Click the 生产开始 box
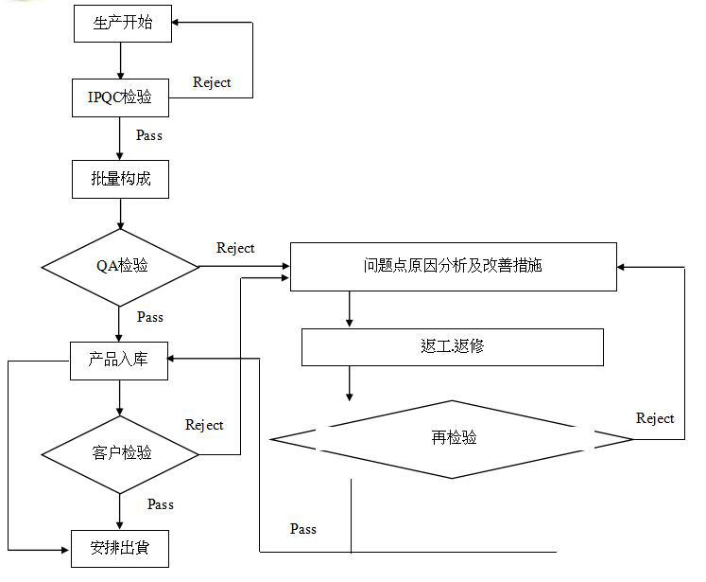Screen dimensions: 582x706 [x=122, y=24]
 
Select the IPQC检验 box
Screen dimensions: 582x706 [x=121, y=97]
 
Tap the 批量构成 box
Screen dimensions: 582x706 [x=120, y=179]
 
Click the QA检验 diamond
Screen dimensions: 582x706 [x=121, y=266]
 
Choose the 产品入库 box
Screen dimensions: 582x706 [x=120, y=360]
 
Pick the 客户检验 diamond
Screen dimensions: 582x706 [x=121, y=452]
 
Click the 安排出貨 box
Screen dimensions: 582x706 [x=120, y=547]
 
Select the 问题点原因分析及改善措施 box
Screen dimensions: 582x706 [x=453, y=266]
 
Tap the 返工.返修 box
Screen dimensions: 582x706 [x=452, y=346]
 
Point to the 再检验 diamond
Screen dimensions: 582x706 [x=453, y=438]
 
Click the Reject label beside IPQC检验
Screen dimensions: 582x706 [x=212, y=82]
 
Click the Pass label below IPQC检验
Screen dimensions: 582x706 [x=149, y=135]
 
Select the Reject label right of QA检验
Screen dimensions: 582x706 [x=235, y=248]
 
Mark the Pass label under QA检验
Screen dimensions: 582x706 [x=149, y=317]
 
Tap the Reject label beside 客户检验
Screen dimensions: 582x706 [x=204, y=425]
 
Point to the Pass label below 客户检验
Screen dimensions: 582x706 [x=161, y=504]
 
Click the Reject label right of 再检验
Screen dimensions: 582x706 [x=655, y=418]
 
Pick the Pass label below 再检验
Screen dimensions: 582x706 [x=303, y=529]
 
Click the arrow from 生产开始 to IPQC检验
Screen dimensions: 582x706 [x=121, y=61]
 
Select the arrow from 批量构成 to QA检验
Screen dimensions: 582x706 [x=121, y=213]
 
